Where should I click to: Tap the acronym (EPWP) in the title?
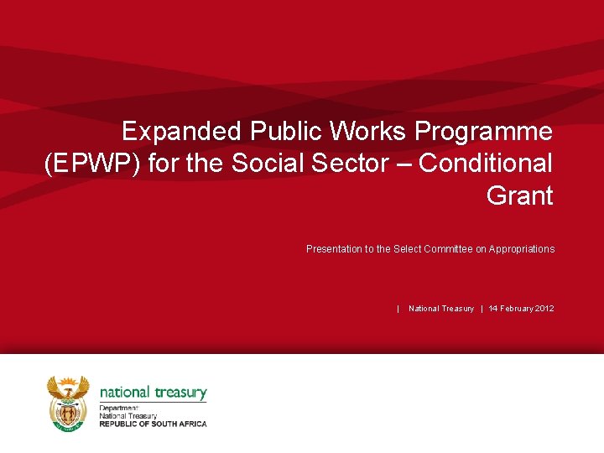pos(92,164)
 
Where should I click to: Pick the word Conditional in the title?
pos(486,164)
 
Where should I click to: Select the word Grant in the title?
pos(519,196)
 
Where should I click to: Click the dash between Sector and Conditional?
pos(404,164)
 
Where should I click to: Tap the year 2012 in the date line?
pos(543,309)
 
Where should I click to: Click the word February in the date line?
pos(514,309)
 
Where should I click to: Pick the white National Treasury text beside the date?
pos(441,309)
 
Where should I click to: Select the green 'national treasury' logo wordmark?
pos(153,392)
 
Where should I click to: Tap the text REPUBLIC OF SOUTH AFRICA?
pos(153,424)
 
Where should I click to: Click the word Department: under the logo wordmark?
pos(118,409)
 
